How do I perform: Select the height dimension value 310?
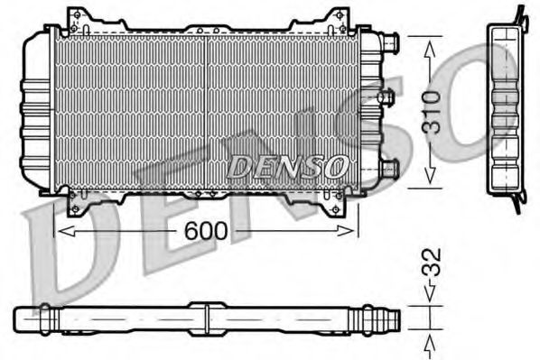pyautogui.click(x=433, y=111)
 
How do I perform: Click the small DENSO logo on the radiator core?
pyautogui.click(x=286, y=165)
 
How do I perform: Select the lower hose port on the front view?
pyautogui.click(x=387, y=168)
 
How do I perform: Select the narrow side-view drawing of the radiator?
pyautogui.click(x=507, y=104)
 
